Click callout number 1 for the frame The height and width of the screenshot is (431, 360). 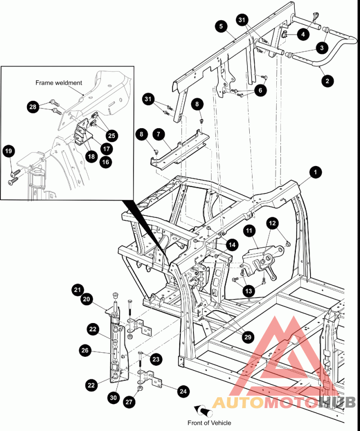(316, 171)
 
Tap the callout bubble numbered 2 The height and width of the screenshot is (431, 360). (327, 81)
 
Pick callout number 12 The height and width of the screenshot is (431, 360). (272, 223)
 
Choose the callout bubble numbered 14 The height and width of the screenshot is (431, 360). (231, 245)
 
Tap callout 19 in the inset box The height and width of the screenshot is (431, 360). (9, 151)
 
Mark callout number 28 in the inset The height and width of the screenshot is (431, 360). (32, 107)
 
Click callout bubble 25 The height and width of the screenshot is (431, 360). (111, 135)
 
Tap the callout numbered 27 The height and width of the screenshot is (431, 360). (130, 403)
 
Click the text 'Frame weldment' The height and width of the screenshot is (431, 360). (59, 83)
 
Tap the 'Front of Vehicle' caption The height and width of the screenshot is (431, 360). (209, 422)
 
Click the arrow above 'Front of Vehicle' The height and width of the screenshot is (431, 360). (203, 411)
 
